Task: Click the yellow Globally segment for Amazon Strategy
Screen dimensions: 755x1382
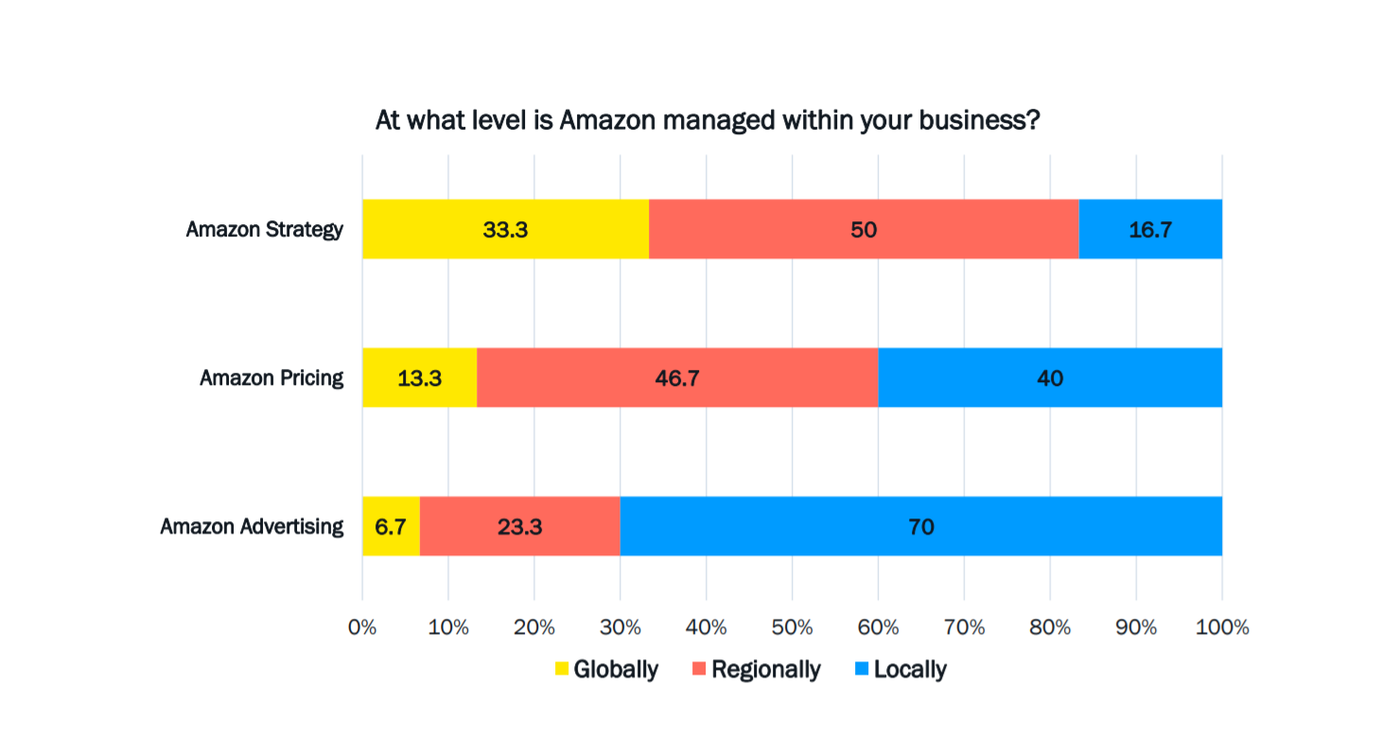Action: tap(505, 229)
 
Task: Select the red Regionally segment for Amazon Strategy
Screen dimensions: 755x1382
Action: tap(863, 229)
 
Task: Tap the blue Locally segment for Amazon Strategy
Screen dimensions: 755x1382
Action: tap(1150, 229)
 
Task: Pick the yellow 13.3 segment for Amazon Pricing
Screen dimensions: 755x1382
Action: tap(419, 377)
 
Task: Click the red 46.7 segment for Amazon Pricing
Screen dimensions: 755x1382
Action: tap(676, 377)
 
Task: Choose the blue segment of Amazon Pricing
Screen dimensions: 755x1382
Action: tap(1049, 377)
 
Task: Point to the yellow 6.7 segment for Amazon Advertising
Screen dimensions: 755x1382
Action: tap(391, 526)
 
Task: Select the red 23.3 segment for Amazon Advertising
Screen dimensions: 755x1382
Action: tap(519, 526)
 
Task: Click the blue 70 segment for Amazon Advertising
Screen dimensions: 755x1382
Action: tap(920, 526)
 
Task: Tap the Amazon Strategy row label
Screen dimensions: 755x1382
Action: tap(264, 230)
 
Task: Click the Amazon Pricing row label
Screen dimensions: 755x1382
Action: tap(271, 378)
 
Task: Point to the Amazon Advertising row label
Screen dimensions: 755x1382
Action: tap(252, 527)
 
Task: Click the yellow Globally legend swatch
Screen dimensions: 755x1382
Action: tap(562, 670)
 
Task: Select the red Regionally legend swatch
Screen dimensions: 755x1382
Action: tap(699, 670)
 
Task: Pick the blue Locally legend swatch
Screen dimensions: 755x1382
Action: tap(861, 670)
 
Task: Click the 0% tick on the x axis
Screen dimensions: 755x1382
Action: tap(362, 627)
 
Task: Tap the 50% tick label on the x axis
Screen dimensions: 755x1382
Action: tap(792, 627)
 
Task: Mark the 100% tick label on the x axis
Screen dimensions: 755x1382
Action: tap(1221, 627)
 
